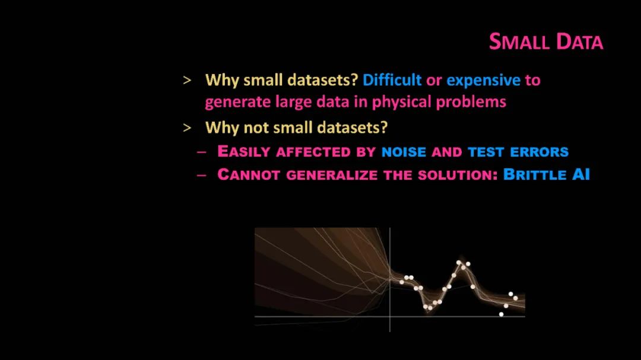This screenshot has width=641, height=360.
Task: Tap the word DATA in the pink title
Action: (x=579, y=42)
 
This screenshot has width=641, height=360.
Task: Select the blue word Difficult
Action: (x=392, y=79)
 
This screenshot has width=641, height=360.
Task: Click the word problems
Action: (x=471, y=102)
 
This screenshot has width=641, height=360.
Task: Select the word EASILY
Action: (x=244, y=151)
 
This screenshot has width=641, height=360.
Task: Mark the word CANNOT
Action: (x=249, y=174)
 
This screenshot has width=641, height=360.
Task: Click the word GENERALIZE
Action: (x=332, y=175)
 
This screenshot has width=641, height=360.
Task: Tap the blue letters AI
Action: (x=581, y=174)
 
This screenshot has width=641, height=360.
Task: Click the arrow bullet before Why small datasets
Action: (x=187, y=81)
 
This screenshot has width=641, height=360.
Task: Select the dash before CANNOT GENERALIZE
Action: (x=201, y=176)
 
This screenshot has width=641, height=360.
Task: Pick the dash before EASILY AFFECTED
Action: (x=201, y=152)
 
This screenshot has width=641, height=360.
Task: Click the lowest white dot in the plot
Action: (x=501, y=314)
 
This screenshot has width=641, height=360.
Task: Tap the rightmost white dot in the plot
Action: (x=516, y=298)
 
